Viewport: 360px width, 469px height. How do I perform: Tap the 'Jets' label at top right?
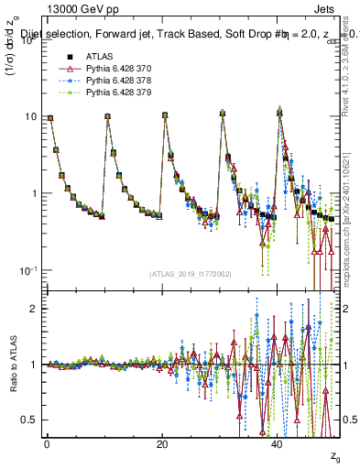pos(322,10)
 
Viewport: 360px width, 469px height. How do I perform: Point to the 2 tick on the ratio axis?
pos(33,309)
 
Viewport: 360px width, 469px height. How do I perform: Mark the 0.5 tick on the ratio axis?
pos(28,420)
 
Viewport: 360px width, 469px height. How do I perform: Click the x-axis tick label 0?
pos(47,443)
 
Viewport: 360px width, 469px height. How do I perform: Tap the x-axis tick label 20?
pos(161,443)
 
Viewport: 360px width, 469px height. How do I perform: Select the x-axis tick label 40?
pos(278,443)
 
